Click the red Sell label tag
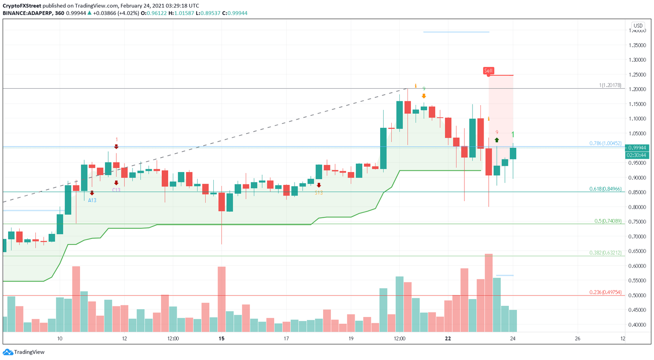point(488,71)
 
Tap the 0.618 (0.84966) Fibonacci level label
point(605,189)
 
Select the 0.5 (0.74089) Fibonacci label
point(608,221)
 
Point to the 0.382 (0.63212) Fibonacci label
point(605,253)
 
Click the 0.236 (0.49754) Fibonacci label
point(605,292)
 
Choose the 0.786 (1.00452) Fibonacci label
point(605,144)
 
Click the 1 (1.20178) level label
point(610,86)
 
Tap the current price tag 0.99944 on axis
point(637,147)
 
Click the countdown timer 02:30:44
point(637,155)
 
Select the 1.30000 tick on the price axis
point(637,60)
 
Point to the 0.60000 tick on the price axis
point(637,266)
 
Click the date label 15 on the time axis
point(221,339)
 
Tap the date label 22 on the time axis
point(447,339)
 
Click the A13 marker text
point(92,200)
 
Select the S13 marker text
point(318,193)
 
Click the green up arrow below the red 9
point(497,140)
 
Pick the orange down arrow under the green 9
point(424,96)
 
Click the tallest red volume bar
point(488,293)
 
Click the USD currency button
point(637,26)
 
